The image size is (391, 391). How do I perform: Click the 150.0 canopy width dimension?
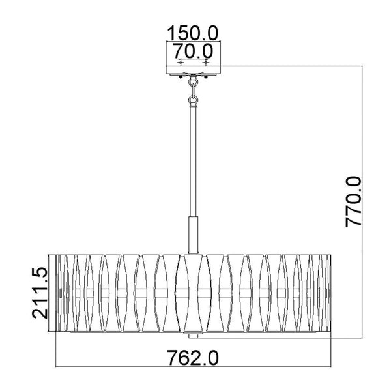tap(193, 33)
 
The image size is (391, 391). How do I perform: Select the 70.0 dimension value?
tap(194, 51)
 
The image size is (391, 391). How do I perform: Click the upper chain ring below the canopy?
tap(193, 82)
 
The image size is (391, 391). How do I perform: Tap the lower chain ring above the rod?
tap(193, 100)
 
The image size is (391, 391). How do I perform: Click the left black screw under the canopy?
tap(180, 77)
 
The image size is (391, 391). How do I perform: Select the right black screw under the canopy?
tap(206, 77)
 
